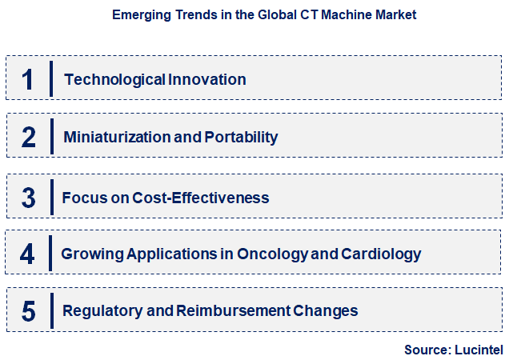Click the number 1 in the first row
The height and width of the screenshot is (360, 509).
(28, 79)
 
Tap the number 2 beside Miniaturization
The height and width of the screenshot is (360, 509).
(29, 137)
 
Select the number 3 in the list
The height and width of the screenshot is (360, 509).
(29, 197)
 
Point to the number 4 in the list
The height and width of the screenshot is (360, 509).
(28, 254)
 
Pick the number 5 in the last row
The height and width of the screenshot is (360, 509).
(29, 310)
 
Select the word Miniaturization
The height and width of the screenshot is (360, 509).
(117, 137)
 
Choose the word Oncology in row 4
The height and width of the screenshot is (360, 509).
(267, 254)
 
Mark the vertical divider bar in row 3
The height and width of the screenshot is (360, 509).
(52, 197)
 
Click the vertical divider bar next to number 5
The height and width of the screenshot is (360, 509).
(52, 310)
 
